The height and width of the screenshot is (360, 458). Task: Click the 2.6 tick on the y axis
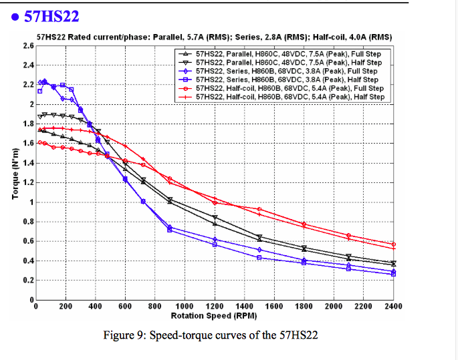pyautogui.click(x=28, y=45)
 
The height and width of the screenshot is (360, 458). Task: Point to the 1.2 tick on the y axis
pyautogui.click(x=28, y=182)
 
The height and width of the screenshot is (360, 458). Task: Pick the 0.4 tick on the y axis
pyautogui.click(x=28, y=260)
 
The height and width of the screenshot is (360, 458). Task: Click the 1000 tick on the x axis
pyautogui.click(x=185, y=306)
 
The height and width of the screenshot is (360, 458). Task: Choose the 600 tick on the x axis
pyautogui.click(x=125, y=306)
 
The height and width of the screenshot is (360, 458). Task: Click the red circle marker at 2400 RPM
pyautogui.click(x=393, y=244)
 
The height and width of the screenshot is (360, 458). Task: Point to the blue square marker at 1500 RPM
pyautogui.click(x=259, y=257)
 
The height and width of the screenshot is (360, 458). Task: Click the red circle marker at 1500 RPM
pyautogui.click(x=259, y=209)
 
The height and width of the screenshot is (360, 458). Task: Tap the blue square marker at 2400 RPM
pyautogui.click(x=393, y=274)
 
